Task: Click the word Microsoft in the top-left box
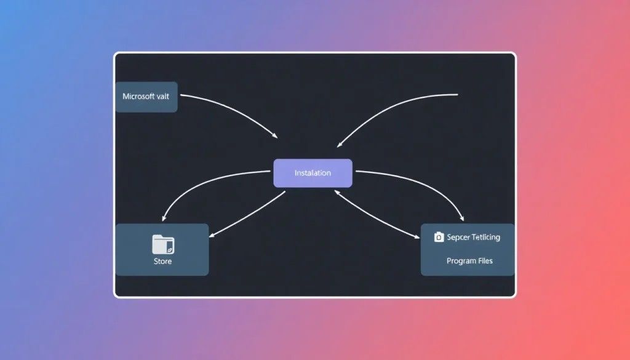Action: click(139, 97)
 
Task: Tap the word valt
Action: click(167, 97)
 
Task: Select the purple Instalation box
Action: click(313, 173)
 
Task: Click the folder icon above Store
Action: click(163, 244)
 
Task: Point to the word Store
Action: click(162, 262)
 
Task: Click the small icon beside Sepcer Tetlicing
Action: click(439, 237)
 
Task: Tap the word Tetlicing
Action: click(486, 237)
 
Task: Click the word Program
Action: click(460, 261)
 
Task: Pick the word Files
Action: click(485, 261)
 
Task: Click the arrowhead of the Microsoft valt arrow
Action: click(275, 135)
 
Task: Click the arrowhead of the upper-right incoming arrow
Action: click(339, 145)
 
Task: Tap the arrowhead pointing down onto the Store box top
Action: click(163, 218)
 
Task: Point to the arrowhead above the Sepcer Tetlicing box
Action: click(462, 218)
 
